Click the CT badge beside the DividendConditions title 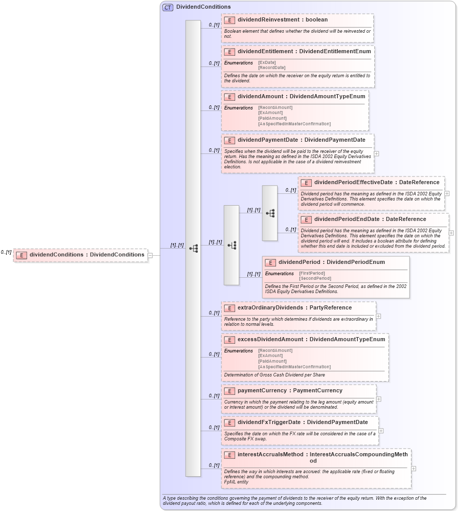[x=168, y=7]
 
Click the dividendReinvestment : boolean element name [x=282, y=19]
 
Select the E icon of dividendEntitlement [x=229, y=52]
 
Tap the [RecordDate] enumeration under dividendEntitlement [x=271, y=68]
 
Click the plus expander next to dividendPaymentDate [x=376, y=153]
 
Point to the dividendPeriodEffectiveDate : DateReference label [x=376, y=182]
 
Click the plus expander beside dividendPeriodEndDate [x=451, y=233]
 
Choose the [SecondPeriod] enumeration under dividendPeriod [x=311, y=278]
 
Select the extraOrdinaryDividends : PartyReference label [x=294, y=307]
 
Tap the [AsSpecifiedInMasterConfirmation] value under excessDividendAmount [x=294, y=367]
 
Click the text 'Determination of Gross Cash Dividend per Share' [x=274, y=375]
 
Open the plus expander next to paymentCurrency [x=378, y=399]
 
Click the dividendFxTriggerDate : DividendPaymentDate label [x=303, y=422]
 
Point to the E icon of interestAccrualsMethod [x=229, y=455]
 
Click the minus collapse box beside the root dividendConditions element [x=150, y=255]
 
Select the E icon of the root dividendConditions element [x=21, y=255]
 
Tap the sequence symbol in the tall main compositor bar [x=193, y=248]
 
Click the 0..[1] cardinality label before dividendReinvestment [x=214, y=25]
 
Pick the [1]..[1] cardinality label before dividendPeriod [x=254, y=274]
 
